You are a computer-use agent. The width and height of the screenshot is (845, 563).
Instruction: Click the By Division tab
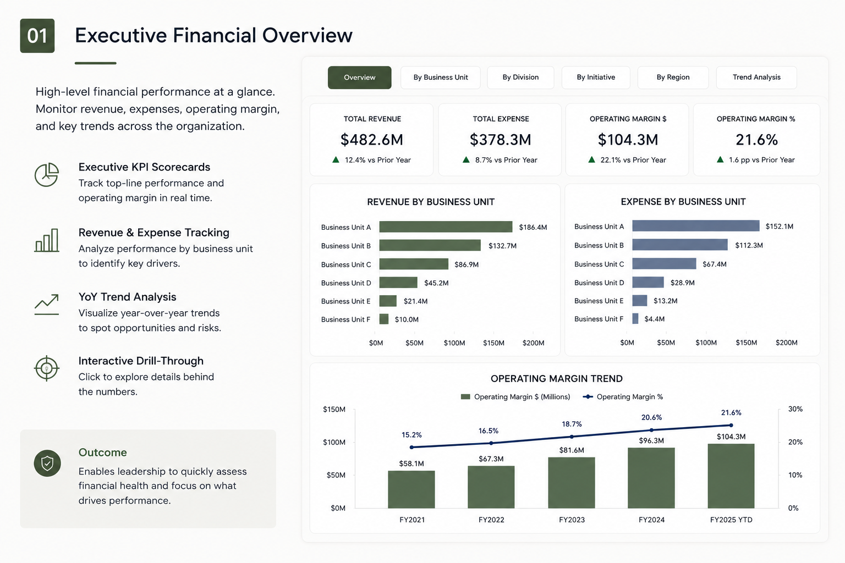(x=520, y=78)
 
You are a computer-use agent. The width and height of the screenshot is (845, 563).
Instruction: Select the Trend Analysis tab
(x=756, y=78)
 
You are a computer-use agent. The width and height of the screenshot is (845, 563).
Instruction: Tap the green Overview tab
(x=359, y=78)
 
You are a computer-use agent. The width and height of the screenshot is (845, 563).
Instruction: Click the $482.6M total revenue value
(x=371, y=140)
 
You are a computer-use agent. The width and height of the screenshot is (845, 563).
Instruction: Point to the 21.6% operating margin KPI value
(x=756, y=140)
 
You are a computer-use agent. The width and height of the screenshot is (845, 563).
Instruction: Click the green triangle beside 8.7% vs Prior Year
(x=467, y=159)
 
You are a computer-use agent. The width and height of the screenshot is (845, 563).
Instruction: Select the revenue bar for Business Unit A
(x=446, y=227)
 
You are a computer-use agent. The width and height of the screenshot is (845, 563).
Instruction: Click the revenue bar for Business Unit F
(x=384, y=319)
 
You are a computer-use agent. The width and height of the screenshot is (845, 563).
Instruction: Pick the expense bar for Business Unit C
(x=665, y=263)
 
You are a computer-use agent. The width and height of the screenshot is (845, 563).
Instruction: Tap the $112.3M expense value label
(x=749, y=245)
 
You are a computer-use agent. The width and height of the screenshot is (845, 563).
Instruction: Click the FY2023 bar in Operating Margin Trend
(x=572, y=483)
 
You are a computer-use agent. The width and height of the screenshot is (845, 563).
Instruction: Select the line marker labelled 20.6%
(x=651, y=430)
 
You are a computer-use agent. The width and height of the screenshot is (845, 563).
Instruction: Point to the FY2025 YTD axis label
(x=731, y=520)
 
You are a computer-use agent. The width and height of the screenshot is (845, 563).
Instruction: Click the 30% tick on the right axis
(x=795, y=409)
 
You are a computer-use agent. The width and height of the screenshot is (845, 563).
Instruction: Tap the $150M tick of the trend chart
(x=334, y=410)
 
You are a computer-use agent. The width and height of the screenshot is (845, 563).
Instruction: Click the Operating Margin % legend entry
(x=623, y=397)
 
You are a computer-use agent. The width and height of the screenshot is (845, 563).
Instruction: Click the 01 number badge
(x=37, y=36)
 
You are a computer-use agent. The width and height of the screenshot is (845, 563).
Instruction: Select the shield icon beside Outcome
(x=47, y=463)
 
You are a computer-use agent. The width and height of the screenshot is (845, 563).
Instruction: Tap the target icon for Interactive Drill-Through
(x=46, y=368)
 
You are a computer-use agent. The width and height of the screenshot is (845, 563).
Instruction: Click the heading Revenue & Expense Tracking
(x=154, y=233)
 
